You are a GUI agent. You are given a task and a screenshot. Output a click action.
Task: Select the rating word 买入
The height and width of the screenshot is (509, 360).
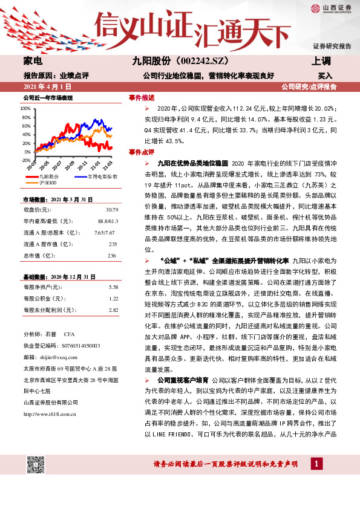coord(325,76)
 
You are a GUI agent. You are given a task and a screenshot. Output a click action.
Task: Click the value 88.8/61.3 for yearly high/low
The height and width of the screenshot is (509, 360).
coord(106,221)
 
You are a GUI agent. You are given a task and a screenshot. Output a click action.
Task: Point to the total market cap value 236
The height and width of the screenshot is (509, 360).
coord(112,256)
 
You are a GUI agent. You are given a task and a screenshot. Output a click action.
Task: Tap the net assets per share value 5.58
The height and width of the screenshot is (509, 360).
coord(113,287)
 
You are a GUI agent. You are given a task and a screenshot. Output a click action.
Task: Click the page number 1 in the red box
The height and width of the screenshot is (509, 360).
coord(316,464)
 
